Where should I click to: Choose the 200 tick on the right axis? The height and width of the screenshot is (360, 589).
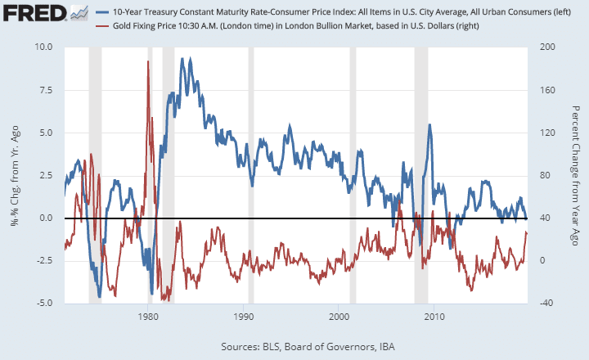(541, 47)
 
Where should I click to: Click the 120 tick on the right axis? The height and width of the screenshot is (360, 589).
(541, 132)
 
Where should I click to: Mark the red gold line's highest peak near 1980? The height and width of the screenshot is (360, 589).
(147, 62)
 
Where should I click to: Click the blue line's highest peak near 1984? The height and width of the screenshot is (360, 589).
(191, 59)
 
